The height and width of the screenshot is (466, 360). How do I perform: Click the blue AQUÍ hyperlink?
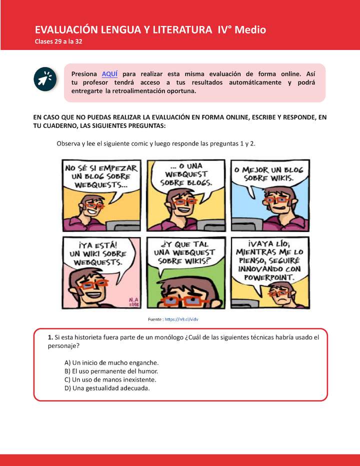109,74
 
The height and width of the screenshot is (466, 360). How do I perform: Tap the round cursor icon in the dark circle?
44,78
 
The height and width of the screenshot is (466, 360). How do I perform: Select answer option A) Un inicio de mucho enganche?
111,362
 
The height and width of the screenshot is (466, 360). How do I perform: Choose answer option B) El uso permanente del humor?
111,371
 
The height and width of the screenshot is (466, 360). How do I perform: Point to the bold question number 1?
51,337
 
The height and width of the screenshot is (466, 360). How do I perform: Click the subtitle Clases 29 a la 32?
58,41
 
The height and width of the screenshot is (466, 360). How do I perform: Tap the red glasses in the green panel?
185,301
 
